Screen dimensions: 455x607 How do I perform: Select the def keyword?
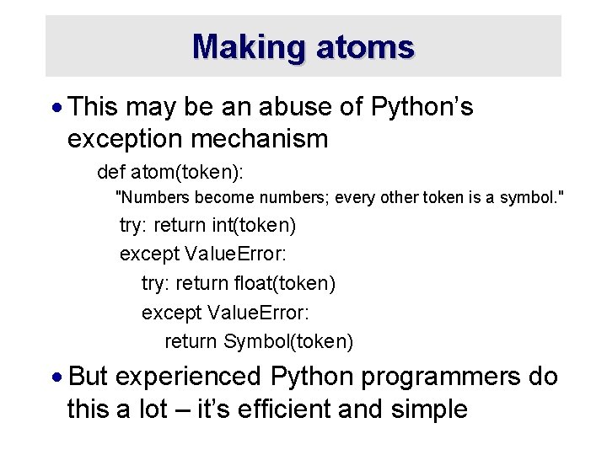click(x=110, y=173)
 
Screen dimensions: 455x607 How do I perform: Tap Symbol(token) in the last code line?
click(x=288, y=341)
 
